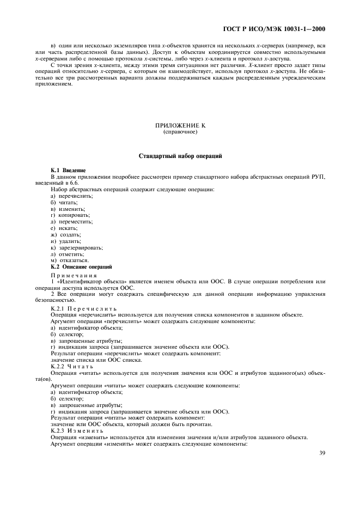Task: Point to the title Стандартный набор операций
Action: (x=180, y=157)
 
